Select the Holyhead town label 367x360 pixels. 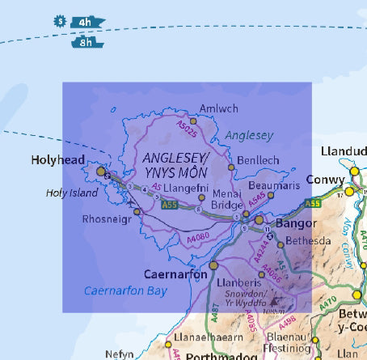pyautogui.click(x=57, y=160)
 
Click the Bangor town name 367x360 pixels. pyautogui.click(x=289, y=220)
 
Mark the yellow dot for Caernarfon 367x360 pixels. pyautogui.click(x=213, y=265)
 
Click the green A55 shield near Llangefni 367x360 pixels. pyautogui.click(x=169, y=205)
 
